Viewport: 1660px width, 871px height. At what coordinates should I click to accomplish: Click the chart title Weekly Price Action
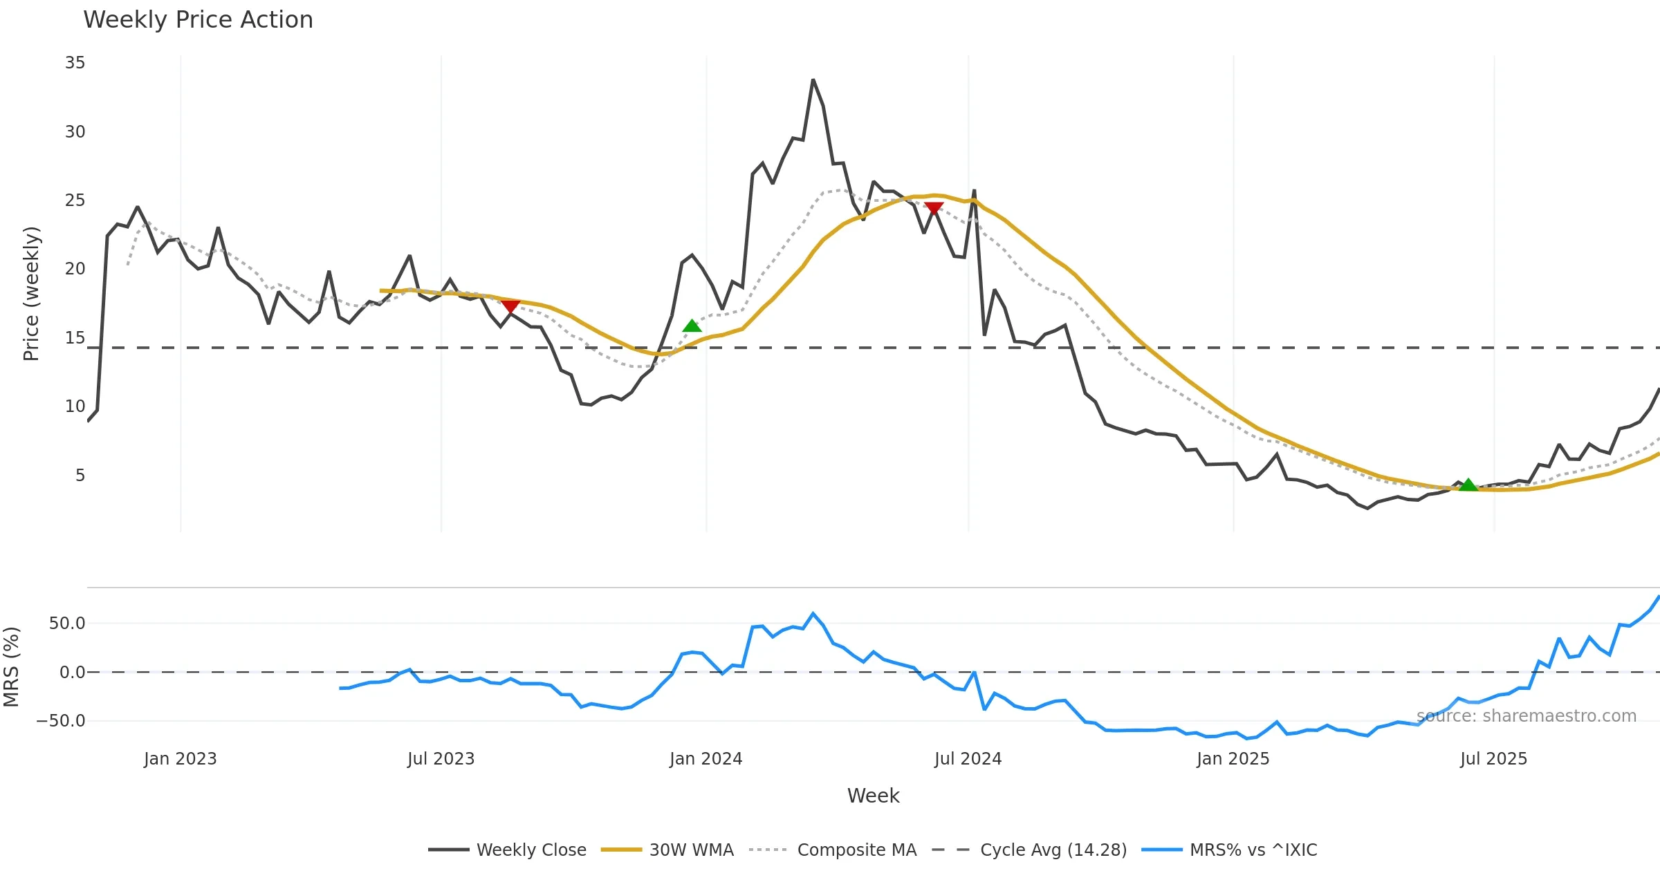tap(198, 20)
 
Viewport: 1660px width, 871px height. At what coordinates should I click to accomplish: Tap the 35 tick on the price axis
tap(75, 63)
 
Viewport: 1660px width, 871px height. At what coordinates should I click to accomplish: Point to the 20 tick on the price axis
tap(75, 269)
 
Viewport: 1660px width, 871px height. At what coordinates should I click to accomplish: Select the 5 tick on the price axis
tap(80, 476)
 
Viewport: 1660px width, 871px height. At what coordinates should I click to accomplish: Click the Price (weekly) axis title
tap(31, 294)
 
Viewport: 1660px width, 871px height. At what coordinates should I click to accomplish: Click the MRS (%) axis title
tap(11, 667)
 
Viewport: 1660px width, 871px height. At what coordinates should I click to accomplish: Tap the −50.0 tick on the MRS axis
tap(61, 721)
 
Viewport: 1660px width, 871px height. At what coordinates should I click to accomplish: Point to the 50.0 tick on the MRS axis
tap(67, 624)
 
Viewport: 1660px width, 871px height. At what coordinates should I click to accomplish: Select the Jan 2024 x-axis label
tap(705, 759)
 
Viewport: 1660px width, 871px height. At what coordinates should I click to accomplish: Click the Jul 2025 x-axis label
tap(1493, 759)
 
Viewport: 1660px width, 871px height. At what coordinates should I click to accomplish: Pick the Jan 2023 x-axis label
tap(180, 759)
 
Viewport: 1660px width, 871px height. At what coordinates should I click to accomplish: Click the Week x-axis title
tap(873, 796)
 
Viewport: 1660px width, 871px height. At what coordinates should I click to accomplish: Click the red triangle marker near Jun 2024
tap(934, 207)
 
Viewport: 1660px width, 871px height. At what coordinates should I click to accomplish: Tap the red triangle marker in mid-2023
tap(510, 306)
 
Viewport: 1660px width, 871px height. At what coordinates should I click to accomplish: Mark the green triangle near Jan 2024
tap(692, 326)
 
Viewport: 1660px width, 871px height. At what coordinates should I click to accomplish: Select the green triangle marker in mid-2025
tap(1468, 485)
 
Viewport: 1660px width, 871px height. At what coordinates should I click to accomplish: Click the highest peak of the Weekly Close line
tap(813, 80)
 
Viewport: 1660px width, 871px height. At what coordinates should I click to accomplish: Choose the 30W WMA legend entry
tap(667, 850)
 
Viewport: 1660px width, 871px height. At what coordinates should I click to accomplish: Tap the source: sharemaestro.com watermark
tap(1526, 716)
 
